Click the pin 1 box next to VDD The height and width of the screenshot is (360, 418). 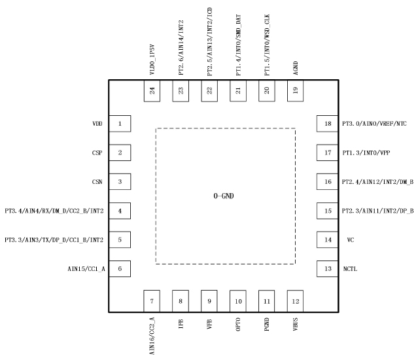(120, 123)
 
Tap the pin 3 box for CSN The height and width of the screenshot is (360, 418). (120, 181)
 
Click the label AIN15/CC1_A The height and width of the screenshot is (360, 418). (85, 268)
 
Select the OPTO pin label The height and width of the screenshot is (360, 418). (238, 325)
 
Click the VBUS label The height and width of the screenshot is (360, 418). (296, 325)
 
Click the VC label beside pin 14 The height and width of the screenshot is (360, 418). (351, 240)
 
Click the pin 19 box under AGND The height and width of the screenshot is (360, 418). (296, 91)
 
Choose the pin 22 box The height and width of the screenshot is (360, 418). (209, 91)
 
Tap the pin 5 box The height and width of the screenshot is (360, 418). (120, 240)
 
